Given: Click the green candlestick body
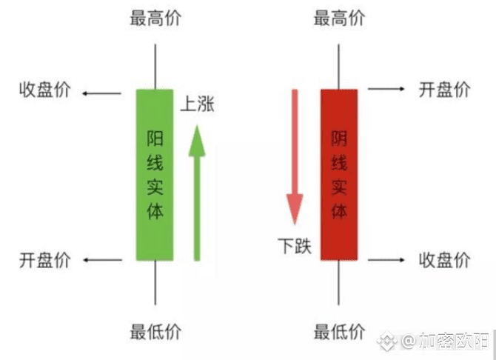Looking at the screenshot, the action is point(154,175).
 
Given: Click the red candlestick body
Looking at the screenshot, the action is point(339,175).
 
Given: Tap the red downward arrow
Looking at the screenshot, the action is point(295,156).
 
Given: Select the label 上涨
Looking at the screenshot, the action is point(197,105).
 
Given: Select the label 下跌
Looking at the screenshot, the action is point(295,245).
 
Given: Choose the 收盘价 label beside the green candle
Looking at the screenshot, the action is point(44,90).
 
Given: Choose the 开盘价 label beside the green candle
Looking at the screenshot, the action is point(44,259).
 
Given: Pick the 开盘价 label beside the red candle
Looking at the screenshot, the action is point(444,90).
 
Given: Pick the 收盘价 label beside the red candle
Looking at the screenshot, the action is point(444,259).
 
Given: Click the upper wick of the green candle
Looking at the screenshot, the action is point(154,67).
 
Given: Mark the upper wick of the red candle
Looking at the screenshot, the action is point(339,67).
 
